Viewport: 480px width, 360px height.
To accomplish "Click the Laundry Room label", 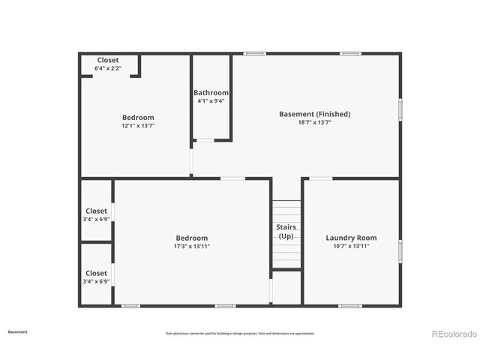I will (351, 237).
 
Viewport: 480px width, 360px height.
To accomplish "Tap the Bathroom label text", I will (211, 93).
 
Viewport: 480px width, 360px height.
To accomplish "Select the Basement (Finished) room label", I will (314, 114).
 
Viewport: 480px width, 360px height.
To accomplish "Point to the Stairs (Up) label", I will (286, 232).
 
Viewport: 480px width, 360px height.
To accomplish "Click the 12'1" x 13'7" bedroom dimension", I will (138, 126).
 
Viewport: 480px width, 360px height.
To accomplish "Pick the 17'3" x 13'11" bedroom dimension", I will (191, 246).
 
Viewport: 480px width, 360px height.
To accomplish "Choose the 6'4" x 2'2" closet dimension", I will (107, 68).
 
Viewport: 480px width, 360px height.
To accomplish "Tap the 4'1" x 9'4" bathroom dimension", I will (211, 101).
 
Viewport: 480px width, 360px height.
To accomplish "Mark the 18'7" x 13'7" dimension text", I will (314, 122).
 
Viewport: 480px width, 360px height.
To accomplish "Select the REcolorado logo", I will (453, 334).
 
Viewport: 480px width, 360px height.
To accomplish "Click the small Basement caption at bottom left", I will (18, 331).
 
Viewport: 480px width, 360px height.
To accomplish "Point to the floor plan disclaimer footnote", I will (240, 333).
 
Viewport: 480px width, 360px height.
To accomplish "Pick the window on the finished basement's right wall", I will (400, 109).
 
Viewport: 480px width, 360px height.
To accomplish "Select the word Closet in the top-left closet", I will (107, 60).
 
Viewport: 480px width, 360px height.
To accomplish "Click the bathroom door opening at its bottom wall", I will (204, 140).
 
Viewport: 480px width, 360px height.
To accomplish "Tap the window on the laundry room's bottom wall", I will (350, 305).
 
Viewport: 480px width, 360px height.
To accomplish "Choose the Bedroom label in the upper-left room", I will (138, 118).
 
